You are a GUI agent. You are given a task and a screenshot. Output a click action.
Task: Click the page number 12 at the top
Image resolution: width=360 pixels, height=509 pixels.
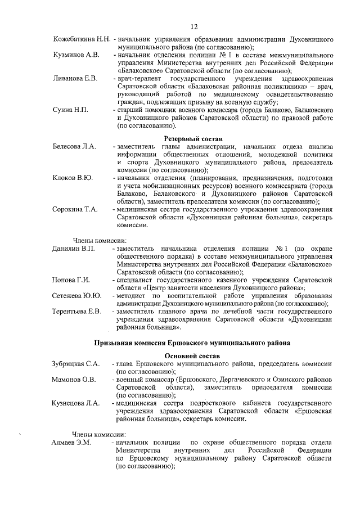point(193,26)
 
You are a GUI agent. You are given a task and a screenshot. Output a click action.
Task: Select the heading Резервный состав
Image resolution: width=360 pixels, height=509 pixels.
point(193,138)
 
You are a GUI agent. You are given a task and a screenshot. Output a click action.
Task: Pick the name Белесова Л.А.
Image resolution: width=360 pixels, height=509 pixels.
point(75,146)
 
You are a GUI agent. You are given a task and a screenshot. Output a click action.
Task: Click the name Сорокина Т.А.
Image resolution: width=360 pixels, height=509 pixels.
point(75,209)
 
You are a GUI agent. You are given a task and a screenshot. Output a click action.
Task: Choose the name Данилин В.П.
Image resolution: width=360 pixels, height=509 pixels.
point(74,248)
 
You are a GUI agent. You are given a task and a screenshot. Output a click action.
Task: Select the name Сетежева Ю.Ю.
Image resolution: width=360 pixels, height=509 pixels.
point(76,295)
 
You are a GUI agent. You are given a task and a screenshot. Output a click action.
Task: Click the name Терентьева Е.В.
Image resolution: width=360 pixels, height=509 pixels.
point(76,310)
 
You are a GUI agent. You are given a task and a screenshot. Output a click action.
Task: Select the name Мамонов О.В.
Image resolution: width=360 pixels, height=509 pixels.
point(74,380)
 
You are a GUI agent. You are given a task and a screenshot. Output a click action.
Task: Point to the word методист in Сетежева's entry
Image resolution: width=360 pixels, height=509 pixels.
point(133,295)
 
